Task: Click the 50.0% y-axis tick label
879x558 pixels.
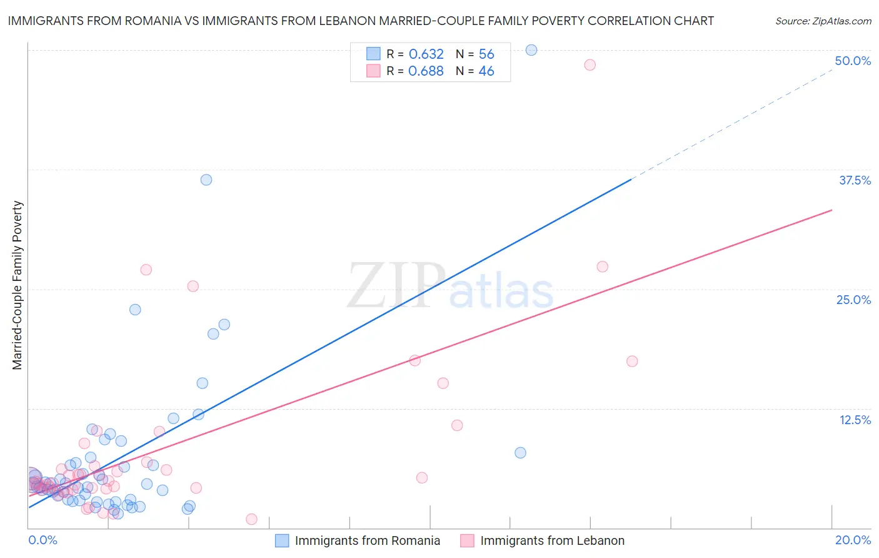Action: [853, 61]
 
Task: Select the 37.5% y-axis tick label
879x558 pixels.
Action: [855, 180]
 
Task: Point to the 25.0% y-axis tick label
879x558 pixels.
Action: [853, 300]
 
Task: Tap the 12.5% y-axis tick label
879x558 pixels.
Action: [855, 420]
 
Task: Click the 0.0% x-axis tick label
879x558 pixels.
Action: [43, 540]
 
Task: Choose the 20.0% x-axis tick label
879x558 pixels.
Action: [853, 540]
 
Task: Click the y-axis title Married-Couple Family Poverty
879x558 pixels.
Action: [18, 285]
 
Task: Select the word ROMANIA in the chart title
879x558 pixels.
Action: [150, 21]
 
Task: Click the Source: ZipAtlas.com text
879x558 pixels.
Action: [823, 21]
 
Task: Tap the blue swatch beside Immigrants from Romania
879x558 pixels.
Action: [282, 540]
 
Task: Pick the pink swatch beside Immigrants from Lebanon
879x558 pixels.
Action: [467, 540]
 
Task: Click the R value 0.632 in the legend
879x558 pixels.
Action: [426, 54]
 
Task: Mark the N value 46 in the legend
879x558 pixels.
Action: [486, 71]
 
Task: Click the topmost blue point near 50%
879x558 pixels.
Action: [531, 50]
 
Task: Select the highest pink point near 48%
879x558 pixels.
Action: [590, 65]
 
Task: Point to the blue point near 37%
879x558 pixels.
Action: [206, 180]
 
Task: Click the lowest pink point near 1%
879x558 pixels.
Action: [251, 519]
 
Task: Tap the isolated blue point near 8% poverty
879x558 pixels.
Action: [520, 453]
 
